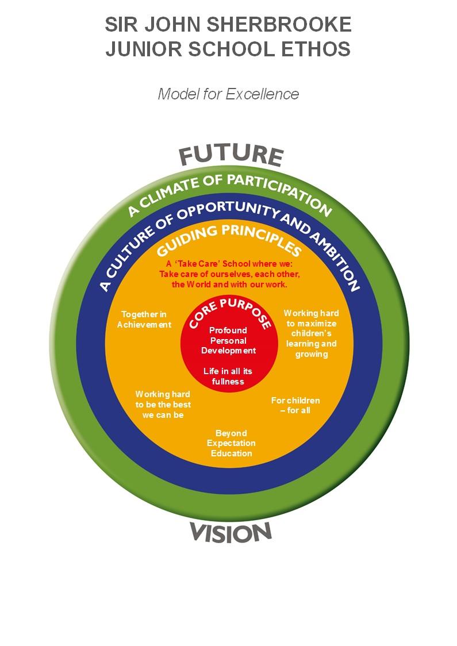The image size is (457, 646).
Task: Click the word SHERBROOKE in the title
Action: click(279, 25)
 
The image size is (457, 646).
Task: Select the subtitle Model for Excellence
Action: click(228, 94)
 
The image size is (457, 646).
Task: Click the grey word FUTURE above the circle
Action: click(231, 155)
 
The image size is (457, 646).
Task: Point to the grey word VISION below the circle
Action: click(231, 533)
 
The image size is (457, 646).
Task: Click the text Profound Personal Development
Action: click(228, 341)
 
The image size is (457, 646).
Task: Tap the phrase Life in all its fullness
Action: click(228, 376)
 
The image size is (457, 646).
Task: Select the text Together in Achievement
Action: click(144, 320)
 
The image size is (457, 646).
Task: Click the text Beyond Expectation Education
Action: click(231, 443)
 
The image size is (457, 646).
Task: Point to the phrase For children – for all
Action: click(295, 405)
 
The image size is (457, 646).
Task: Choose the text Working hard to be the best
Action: click(163, 405)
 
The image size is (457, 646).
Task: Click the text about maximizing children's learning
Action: click(312, 334)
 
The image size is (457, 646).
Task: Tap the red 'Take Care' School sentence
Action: click(229, 274)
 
